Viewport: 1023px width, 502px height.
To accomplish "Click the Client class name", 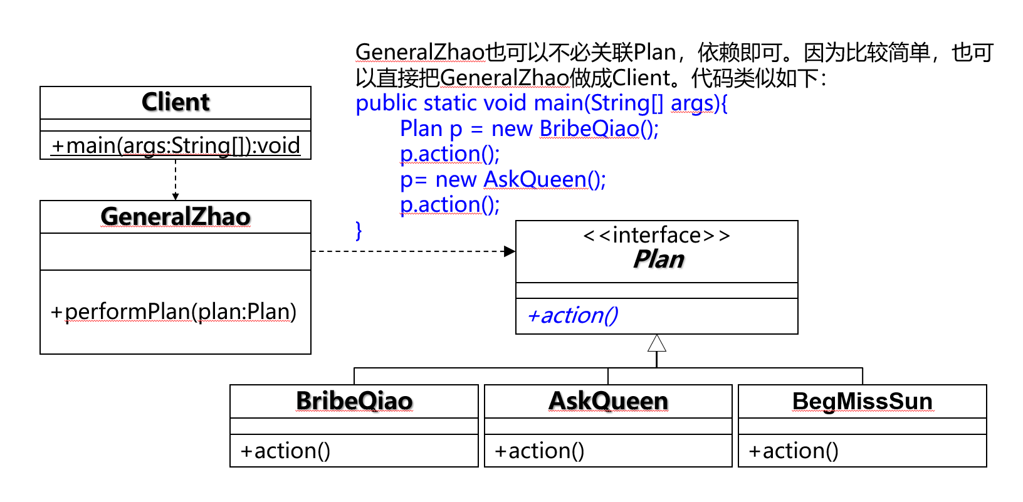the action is (176, 102).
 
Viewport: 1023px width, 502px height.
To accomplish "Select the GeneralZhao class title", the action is (176, 216).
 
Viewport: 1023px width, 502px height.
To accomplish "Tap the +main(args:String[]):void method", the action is (176, 146).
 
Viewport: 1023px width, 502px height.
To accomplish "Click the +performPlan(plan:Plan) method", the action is (174, 311).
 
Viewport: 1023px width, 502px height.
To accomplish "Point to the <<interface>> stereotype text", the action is (657, 235).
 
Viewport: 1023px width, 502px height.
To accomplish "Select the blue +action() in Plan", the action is (573, 316).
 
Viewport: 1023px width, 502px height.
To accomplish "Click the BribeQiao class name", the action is (354, 401).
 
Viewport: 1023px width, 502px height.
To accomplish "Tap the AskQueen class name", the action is (608, 401).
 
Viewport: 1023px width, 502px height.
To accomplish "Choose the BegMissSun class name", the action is (863, 402).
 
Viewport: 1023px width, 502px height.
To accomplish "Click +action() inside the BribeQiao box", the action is (285, 451).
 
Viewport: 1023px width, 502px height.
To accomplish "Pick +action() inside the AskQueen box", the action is (539, 451).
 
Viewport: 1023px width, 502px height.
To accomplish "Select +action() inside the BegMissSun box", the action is (794, 451).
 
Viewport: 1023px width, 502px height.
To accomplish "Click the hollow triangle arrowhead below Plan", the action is (657, 343).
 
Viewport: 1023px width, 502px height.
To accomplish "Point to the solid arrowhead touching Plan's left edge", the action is (510, 251).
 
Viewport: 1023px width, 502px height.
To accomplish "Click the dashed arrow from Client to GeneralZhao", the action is (176, 180).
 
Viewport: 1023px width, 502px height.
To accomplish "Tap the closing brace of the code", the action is (359, 231).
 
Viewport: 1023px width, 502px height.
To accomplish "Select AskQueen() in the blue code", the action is (545, 179).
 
